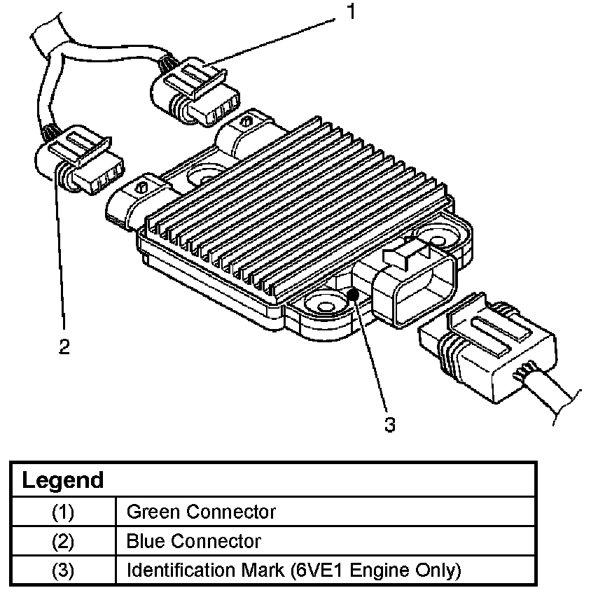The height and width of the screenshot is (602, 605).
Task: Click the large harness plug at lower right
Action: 489,350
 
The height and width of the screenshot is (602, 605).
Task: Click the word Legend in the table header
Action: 62,481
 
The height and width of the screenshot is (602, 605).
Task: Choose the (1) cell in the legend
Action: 62,512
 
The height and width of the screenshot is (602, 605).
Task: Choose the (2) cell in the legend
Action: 62,541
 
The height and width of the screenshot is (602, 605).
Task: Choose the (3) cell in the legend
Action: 62,570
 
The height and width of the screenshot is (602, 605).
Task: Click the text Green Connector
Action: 201,512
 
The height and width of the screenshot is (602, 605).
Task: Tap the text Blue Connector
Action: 193,541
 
